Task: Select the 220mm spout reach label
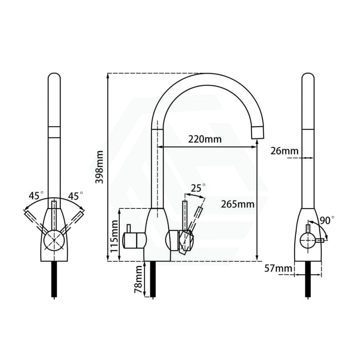[x=205, y=139]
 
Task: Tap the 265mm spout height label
[x=238, y=204]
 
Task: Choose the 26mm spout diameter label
[x=284, y=151]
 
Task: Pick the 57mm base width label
[x=278, y=268]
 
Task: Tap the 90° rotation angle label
[x=327, y=220]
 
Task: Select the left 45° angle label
[x=36, y=196]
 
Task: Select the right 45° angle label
[x=76, y=196]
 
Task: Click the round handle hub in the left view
[x=54, y=240]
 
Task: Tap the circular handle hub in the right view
[x=308, y=240]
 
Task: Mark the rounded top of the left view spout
[x=54, y=77]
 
